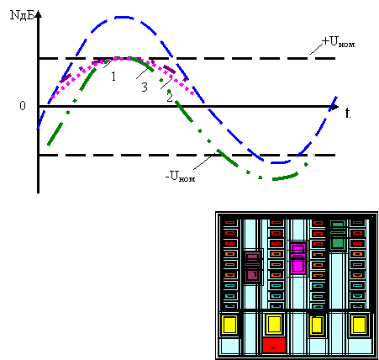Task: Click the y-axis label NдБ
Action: click(x=22, y=15)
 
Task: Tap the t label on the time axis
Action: click(x=348, y=113)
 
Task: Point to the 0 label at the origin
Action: click(x=23, y=106)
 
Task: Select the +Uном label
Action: click(x=338, y=42)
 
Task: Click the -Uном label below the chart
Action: click(x=180, y=177)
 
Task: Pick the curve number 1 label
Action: click(x=113, y=77)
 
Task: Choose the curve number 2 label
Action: click(x=170, y=98)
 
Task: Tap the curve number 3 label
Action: click(x=145, y=87)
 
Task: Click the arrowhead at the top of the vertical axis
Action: click(x=39, y=14)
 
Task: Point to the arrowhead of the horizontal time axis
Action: click(x=334, y=107)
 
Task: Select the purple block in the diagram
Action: click(x=253, y=267)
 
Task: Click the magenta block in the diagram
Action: click(x=297, y=258)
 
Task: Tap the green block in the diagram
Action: click(x=338, y=235)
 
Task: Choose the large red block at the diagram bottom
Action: click(x=274, y=345)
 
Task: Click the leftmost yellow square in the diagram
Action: click(x=229, y=325)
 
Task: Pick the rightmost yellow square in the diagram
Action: click(x=359, y=325)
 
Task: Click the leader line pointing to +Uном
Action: click(x=316, y=49)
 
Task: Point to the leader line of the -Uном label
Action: click(x=204, y=161)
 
